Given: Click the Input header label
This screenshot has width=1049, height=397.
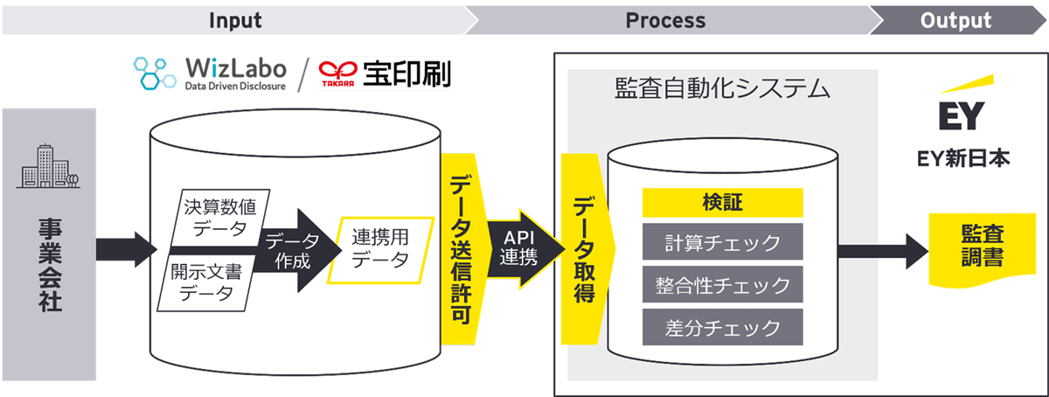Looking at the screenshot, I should pyautogui.click(x=234, y=19).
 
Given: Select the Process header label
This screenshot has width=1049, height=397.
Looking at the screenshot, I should pyautogui.click(x=665, y=19).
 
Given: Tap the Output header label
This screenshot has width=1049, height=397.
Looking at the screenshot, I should pyautogui.click(x=955, y=19).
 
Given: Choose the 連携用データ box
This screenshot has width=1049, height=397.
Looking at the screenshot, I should pyautogui.click(x=380, y=248).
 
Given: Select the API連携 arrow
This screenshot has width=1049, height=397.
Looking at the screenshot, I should pyautogui.click(x=522, y=250).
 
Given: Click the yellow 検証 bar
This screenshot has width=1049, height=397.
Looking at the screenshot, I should pyautogui.click(x=722, y=203).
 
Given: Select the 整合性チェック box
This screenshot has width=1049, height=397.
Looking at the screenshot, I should pyautogui.click(x=722, y=284).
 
